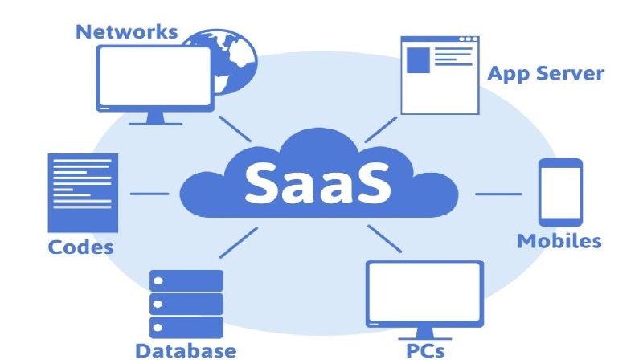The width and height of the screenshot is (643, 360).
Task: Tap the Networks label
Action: [125, 31]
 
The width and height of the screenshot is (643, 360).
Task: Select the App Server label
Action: [546, 74]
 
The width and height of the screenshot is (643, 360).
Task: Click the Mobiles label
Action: [559, 240]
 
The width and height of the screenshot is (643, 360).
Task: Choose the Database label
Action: [186, 350]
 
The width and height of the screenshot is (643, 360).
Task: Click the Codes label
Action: [80, 246]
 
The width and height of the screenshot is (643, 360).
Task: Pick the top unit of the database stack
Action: [186, 280]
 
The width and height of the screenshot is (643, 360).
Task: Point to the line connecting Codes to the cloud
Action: [149, 194]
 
